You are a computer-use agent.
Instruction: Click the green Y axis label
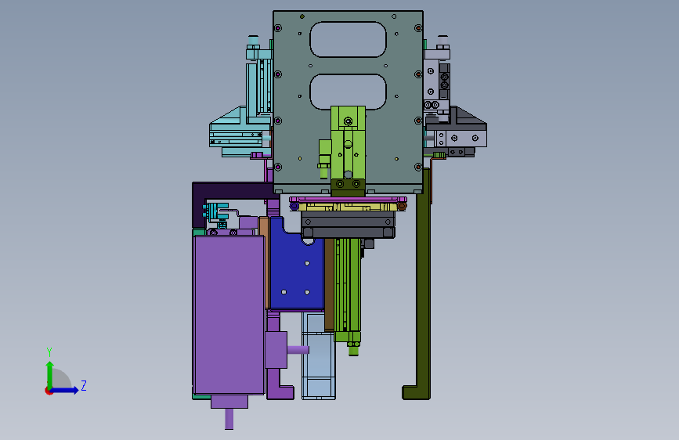pyautogui.click(x=49, y=352)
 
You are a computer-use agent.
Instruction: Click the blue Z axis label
pyautogui.click(x=84, y=385)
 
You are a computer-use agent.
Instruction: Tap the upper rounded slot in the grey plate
pyautogui.click(x=349, y=39)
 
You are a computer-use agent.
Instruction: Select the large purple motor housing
pyautogui.click(x=229, y=315)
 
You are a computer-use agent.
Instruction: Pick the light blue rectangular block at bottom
pyautogui.click(x=319, y=356)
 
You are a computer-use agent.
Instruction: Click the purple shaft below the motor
pyautogui.click(x=229, y=419)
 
